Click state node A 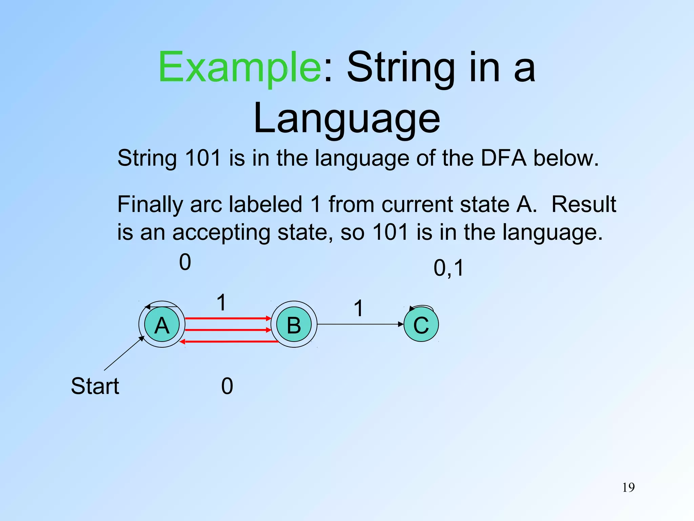pos(162,324)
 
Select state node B pos(294,324)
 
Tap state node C pos(421,324)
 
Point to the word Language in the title pos(347,118)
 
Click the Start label pos(95,386)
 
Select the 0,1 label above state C pos(448,268)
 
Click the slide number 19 pos(628,487)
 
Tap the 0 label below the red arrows pos(227,386)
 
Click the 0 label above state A pos(185,262)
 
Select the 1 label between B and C pos(359,308)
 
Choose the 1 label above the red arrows pos(221,302)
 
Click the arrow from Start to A pos(124,353)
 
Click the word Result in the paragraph pos(584,205)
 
